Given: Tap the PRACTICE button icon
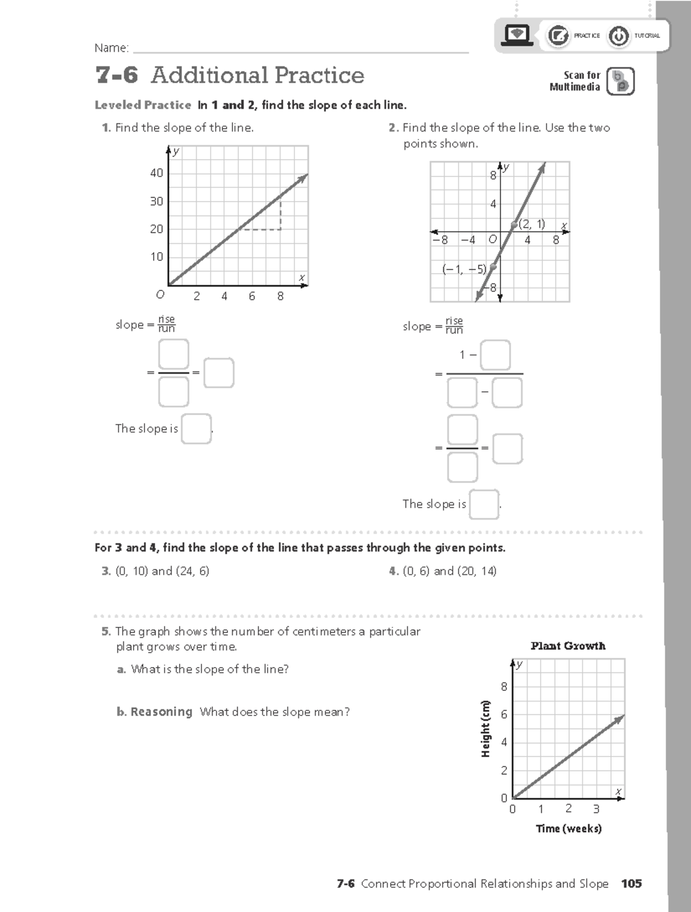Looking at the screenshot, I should [x=557, y=36].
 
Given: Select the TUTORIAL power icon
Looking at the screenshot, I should [x=618, y=36].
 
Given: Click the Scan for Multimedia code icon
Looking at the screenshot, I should [x=621, y=81].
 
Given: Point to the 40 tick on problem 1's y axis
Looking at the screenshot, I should [x=157, y=173].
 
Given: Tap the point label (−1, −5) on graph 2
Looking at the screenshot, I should [x=464, y=269].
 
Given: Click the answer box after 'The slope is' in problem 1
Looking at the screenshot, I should [x=196, y=429].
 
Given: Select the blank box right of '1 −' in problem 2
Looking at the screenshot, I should [x=495, y=355].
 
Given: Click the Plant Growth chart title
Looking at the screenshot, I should [x=568, y=646].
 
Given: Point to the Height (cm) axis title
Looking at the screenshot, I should [x=485, y=729].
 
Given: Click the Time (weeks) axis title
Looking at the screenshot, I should [x=568, y=828].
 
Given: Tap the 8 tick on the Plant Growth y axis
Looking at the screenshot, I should [x=504, y=687].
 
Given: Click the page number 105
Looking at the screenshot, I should [x=631, y=883].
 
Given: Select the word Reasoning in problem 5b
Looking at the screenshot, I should [x=161, y=712].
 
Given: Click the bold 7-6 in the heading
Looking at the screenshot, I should [x=117, y=75].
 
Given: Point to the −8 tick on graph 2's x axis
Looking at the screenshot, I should [x=441, y=240].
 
